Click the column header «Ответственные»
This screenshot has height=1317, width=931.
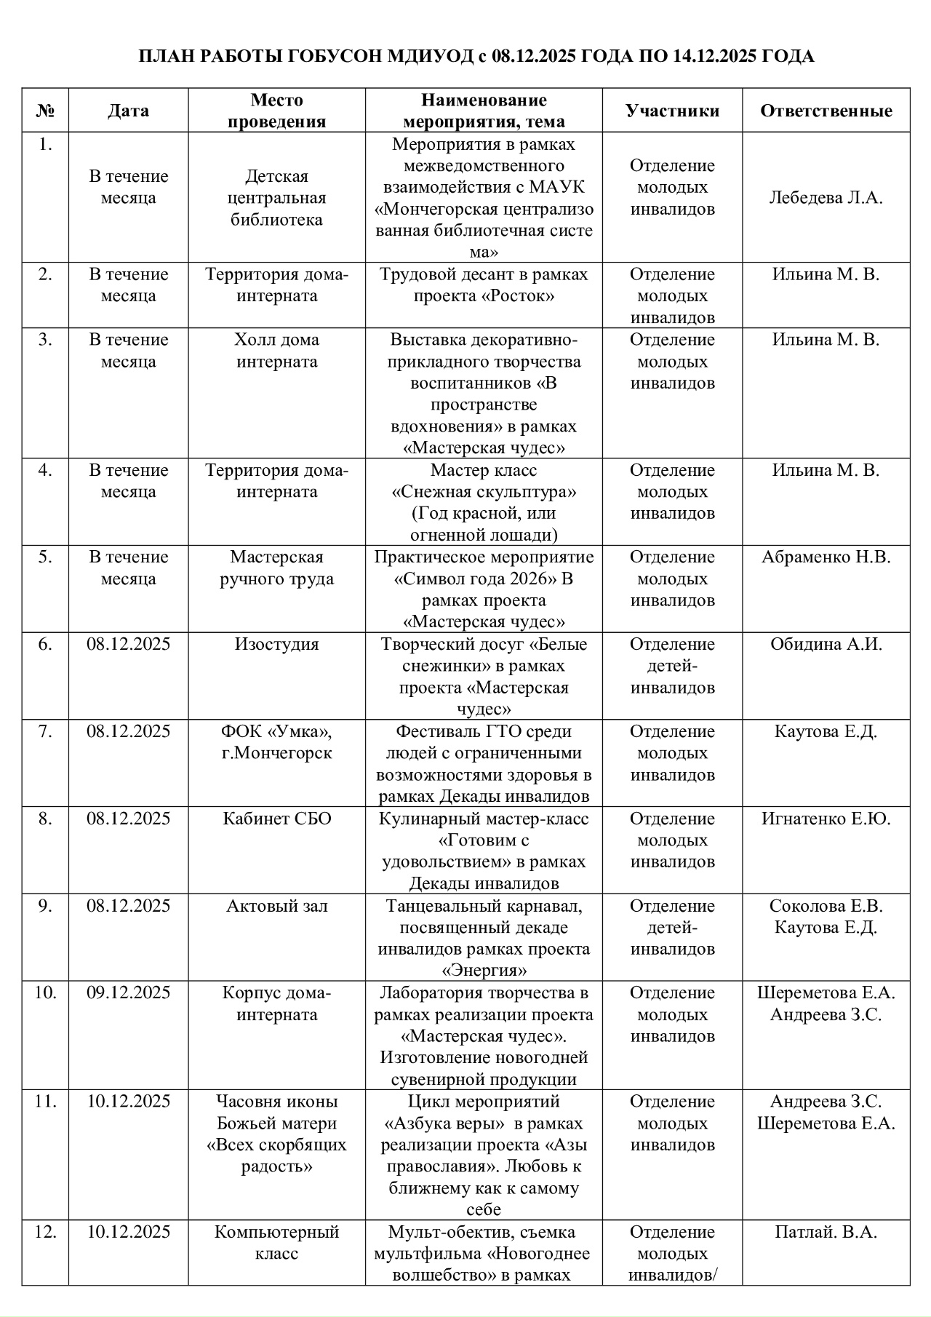pyautogui.click(x=826, y=111)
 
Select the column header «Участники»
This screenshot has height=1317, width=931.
pyautogui.click(x=672, y=111)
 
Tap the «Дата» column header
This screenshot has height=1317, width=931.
pyautogui.click(x=128, y=111)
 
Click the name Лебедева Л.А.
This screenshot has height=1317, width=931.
pyautogui.click(x=826, y=198)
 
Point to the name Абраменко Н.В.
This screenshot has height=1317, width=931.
pyautogui.click(x=826, y=557)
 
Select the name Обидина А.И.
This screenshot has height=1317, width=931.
pyautogui.click(x=826, y=645)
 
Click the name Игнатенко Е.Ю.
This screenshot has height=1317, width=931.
pyautogui.click(x=826, y=819)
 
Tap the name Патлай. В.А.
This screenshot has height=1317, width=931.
pyautogui.click(x=826, y=1232)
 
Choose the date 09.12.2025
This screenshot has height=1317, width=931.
pyautogui.click(x=128, y=992)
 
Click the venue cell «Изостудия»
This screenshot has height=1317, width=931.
pyautogui.click(x=276, y=645)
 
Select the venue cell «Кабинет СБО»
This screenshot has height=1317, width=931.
pyautogui.click(x=276, y=819)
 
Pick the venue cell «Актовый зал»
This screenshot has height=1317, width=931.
pyautogui.click(x=276, y=906)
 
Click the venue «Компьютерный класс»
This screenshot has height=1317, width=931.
pyautogui.click(x=276, y=1243)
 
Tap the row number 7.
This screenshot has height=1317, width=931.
pyautogui.click(x=45, y=732)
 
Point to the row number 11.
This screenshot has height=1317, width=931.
pyautogui.click(x=45, y=1101)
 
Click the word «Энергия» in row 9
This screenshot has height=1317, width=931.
pyautogui.click(x=484, y=971)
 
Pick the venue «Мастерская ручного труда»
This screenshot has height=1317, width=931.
pyautogui.click(x=276, y=568)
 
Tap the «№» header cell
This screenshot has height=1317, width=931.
pyautogui.click(x=45, y=111)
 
